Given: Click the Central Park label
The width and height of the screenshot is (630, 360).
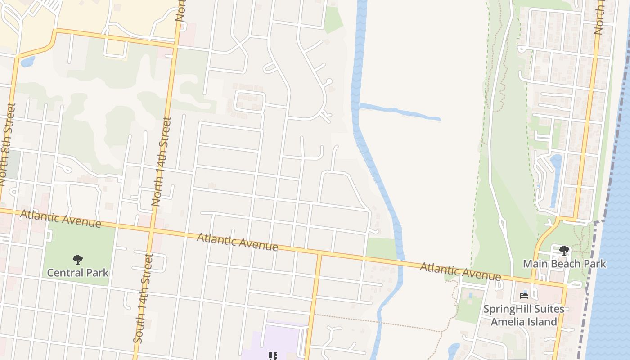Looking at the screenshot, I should tap(78, 273).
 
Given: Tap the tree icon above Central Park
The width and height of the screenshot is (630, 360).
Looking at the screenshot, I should tap(78, 260).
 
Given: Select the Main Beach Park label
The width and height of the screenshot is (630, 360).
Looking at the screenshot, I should tap(564, 264).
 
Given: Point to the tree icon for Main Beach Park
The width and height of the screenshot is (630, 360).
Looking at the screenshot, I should tap(564, 251).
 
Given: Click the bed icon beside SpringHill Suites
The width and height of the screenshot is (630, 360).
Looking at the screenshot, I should tap(524, 296).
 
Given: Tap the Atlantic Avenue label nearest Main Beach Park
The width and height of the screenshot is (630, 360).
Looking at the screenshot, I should tap(460, 271).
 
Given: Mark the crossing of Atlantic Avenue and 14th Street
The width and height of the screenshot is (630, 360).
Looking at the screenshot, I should tap(151, 230).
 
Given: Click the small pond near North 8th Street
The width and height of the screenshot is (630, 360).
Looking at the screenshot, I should tap(27, 61).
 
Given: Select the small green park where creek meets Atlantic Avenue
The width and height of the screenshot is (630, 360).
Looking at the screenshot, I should tap(381, 248).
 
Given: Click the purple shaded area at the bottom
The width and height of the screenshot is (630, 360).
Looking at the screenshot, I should tap(274, 342).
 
